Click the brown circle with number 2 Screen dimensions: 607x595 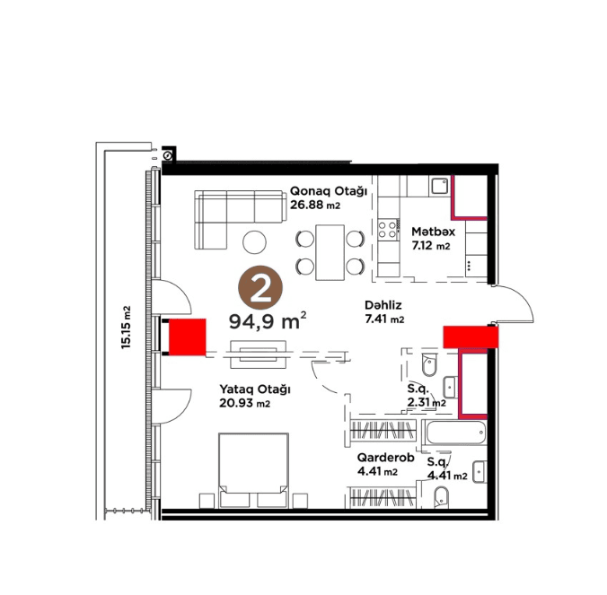click(260, 287)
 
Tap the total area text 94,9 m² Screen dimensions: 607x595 click(268, 320)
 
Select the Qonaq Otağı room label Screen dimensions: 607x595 click(329, 191)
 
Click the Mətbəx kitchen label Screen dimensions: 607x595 click(433, 232)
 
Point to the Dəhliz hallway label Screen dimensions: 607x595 click(383, 305)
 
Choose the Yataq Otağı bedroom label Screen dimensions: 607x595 click(255, 389)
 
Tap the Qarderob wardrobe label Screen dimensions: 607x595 click(385, 458)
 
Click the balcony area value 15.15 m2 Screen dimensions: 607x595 click(127, 328)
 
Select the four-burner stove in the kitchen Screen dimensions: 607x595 click(388, 229)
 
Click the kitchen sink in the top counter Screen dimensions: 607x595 click(439, 187)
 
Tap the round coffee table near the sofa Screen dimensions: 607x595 click(254, 242)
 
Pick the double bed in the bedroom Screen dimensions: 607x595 click(253, 470)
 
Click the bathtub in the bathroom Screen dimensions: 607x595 click(455, 433)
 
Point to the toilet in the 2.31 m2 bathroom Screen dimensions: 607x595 click(429, 364)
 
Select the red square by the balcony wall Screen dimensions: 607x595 click(188, 337)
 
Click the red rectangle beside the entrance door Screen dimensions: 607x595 click(471, 337)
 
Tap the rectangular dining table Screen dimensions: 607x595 click(330, 252)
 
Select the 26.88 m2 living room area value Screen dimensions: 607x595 click(315, 205)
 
